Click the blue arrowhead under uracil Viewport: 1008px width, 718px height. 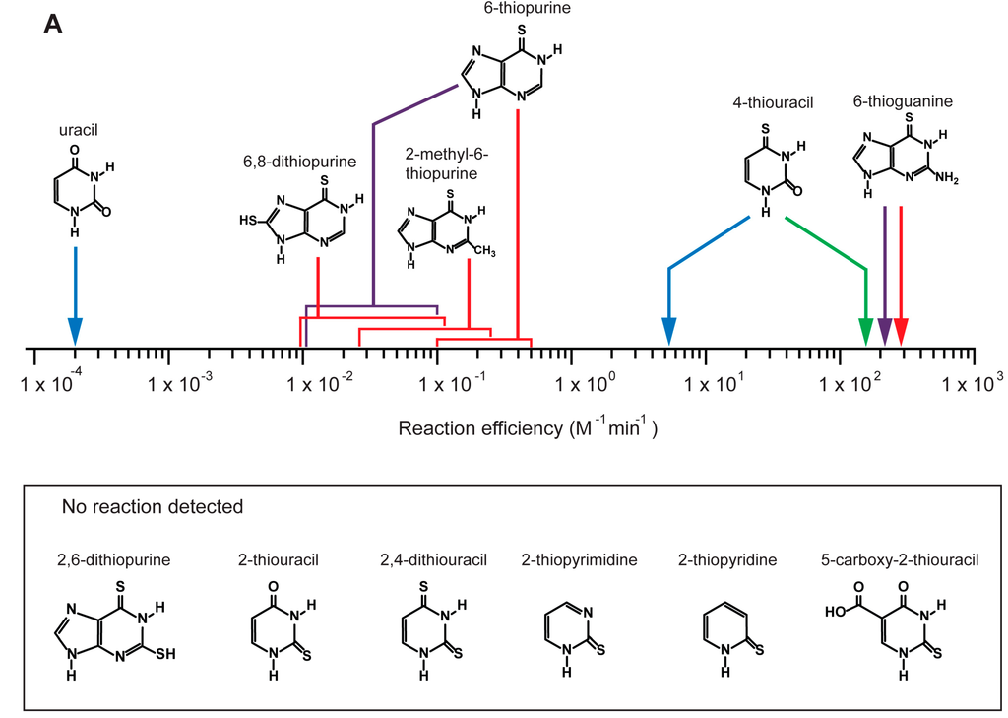76,333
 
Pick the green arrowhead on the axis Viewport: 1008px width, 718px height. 866,333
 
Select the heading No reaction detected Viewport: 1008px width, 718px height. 153,508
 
